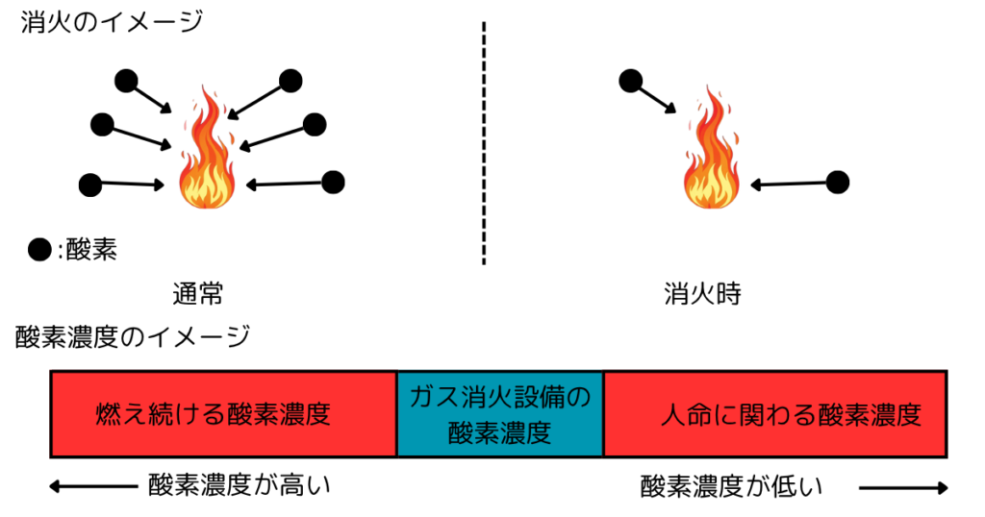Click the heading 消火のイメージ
[x=112, y=21]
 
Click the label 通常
[x=203, y=295]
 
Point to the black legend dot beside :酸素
[x=39, y=251]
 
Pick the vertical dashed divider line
[x=483, y=144]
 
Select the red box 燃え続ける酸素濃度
[x=223, y=413]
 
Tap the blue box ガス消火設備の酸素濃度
[x=500, y=413]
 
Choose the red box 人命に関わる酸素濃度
[x=775, y=413]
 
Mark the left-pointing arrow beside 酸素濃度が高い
[x=91, y=487]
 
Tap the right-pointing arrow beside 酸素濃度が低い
[x=902, y=488]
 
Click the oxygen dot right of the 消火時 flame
[x=838, y=182]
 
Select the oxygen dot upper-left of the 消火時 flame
[x=630, y=81]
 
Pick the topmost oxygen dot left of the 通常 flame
[x=125, y=81]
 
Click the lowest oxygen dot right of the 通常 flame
[x=333, y=182]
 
